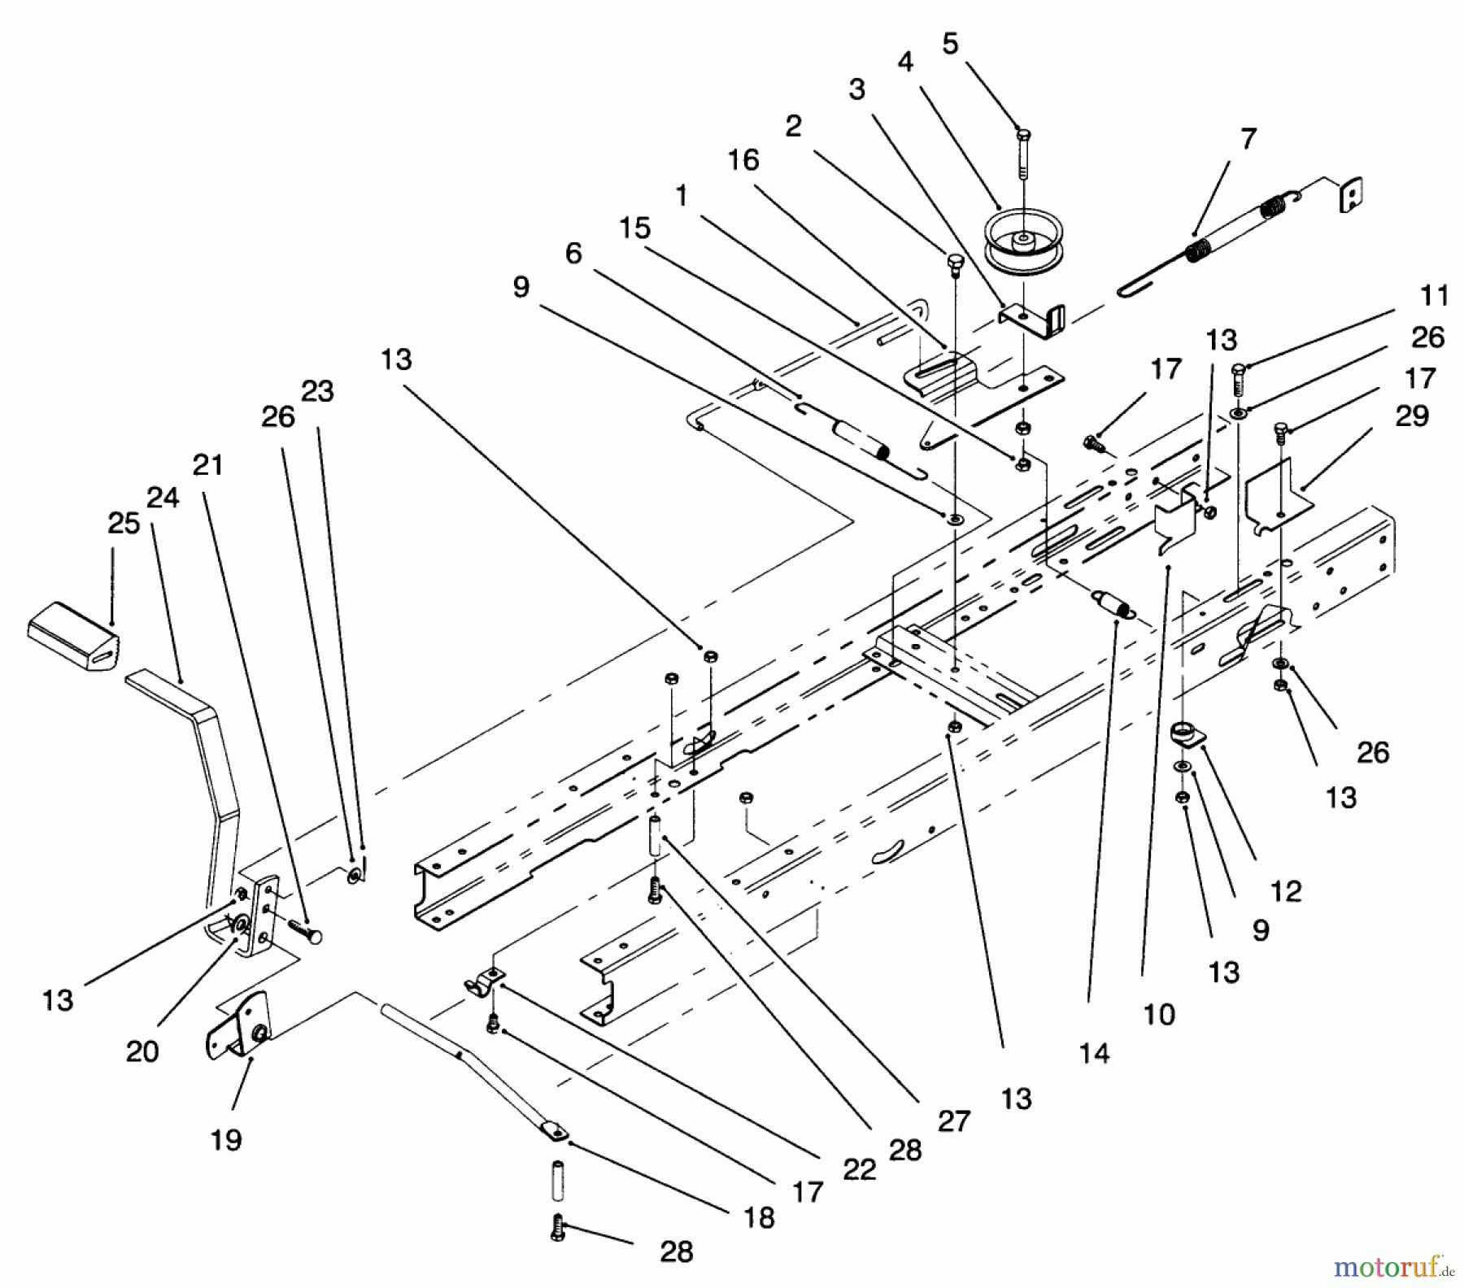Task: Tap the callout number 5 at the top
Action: (x=950, y=44)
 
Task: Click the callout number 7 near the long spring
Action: (x=1248, y=138)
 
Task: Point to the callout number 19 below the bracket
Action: (x=226, y=1140)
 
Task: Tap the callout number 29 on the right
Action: (x=1412, y=416)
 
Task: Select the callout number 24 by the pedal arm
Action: (x=163, y=497)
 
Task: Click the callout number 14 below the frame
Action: (x=1094, y=1054)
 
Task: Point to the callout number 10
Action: (x=1159, y=1014)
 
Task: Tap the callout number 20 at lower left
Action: (x=142, y=1051)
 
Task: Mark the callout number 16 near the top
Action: (x=743, y=160)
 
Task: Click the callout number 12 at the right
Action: (x=1286, y=890)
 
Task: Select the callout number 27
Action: (x=953, y=1121)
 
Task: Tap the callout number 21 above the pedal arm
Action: (x=208, y=465)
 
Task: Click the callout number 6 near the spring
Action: (x=574, y=254)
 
